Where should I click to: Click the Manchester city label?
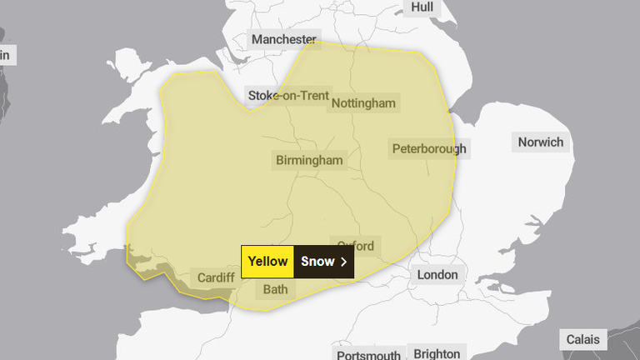point(284,39)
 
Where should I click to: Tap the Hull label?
point(422,7)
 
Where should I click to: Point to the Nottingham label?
point(363,103)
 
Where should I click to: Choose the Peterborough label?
point(429,149)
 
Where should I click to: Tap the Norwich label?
point(540,142)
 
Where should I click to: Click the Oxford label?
point(356,246)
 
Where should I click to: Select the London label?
point(437,274)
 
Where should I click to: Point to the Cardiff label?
point(216,277)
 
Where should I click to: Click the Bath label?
point(275,290)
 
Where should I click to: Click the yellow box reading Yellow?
point(267,262)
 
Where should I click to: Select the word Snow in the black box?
point(317,262)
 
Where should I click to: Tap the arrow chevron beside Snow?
point(343,262)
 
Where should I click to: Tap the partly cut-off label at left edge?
point(7,55)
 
